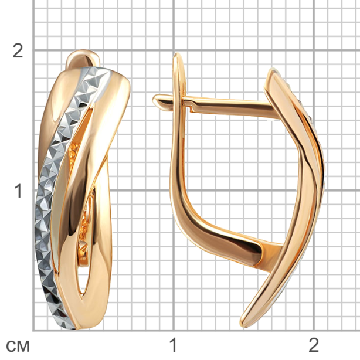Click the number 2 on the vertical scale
click(18, 50)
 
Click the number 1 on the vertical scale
click(18, 191)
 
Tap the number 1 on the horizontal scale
click(173, 345)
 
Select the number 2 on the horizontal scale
click(314, 345)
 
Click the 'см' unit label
click(18, 347)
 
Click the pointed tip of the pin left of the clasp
click(154, 100)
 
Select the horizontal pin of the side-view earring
click(216, 106)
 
